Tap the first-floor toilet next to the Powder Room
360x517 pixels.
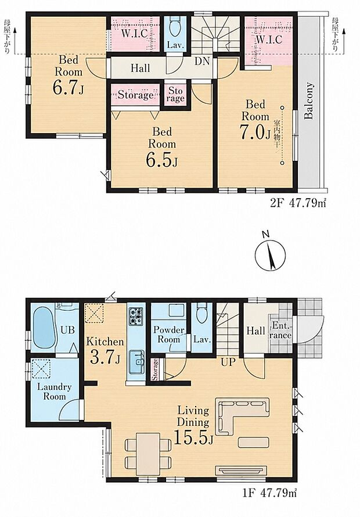(x=200, y=314)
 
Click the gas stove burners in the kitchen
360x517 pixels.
(x=136, y=316)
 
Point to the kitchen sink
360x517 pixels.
(x=136, y=362)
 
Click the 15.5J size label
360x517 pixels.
(x=193, y=437)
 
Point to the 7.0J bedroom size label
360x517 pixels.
(x=255, y=132)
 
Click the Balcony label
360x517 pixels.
(x=308, y=101)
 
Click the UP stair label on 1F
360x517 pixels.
(x=228, y=362)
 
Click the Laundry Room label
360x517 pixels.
(x=55, y=392)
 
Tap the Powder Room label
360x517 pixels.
(x=169, y=335)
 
